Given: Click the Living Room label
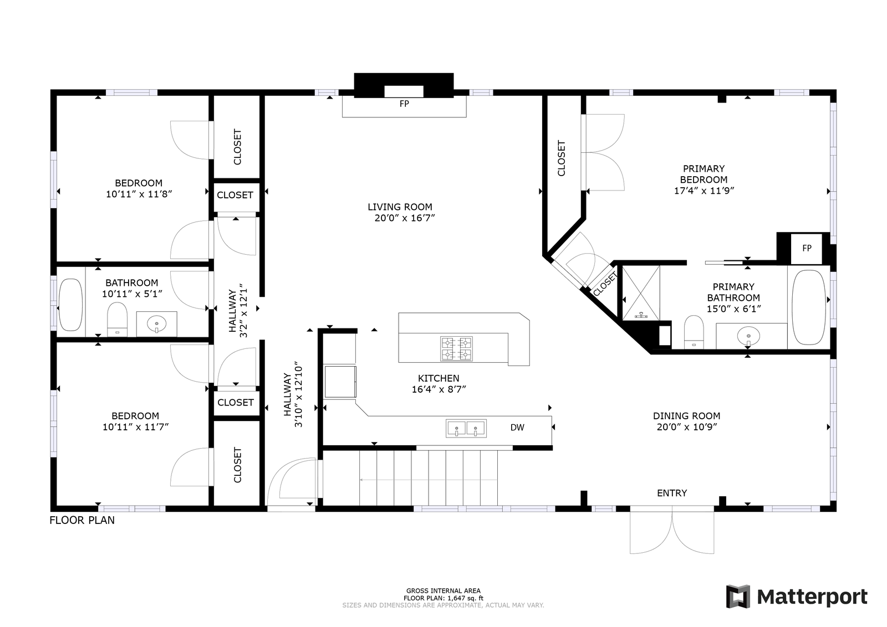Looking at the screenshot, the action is [400, 207].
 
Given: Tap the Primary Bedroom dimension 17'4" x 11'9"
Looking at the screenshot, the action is [704, 191].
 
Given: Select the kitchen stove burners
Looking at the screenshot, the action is [457, 349].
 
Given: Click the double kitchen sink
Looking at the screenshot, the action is [466, 428].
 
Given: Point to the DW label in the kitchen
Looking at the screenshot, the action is [517, 427].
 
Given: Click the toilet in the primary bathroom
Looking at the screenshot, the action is [694, 332].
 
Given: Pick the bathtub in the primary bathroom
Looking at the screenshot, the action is [809, 307].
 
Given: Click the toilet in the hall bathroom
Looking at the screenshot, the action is [117, 320].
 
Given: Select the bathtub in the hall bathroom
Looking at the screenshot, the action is [70, 305].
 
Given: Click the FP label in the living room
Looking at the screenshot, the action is [404, 104].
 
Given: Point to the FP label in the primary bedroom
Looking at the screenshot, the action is [807, 248].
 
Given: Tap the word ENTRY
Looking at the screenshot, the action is [672, 493].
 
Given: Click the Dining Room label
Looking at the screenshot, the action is [687, 416].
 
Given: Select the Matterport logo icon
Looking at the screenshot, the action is [738, 597].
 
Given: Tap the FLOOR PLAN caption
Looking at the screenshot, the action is [82, 520].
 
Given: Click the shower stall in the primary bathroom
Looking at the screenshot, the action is [641, 293].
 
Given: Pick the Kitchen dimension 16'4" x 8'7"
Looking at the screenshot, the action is [439, 389].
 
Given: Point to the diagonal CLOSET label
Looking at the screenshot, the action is [605, 284].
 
